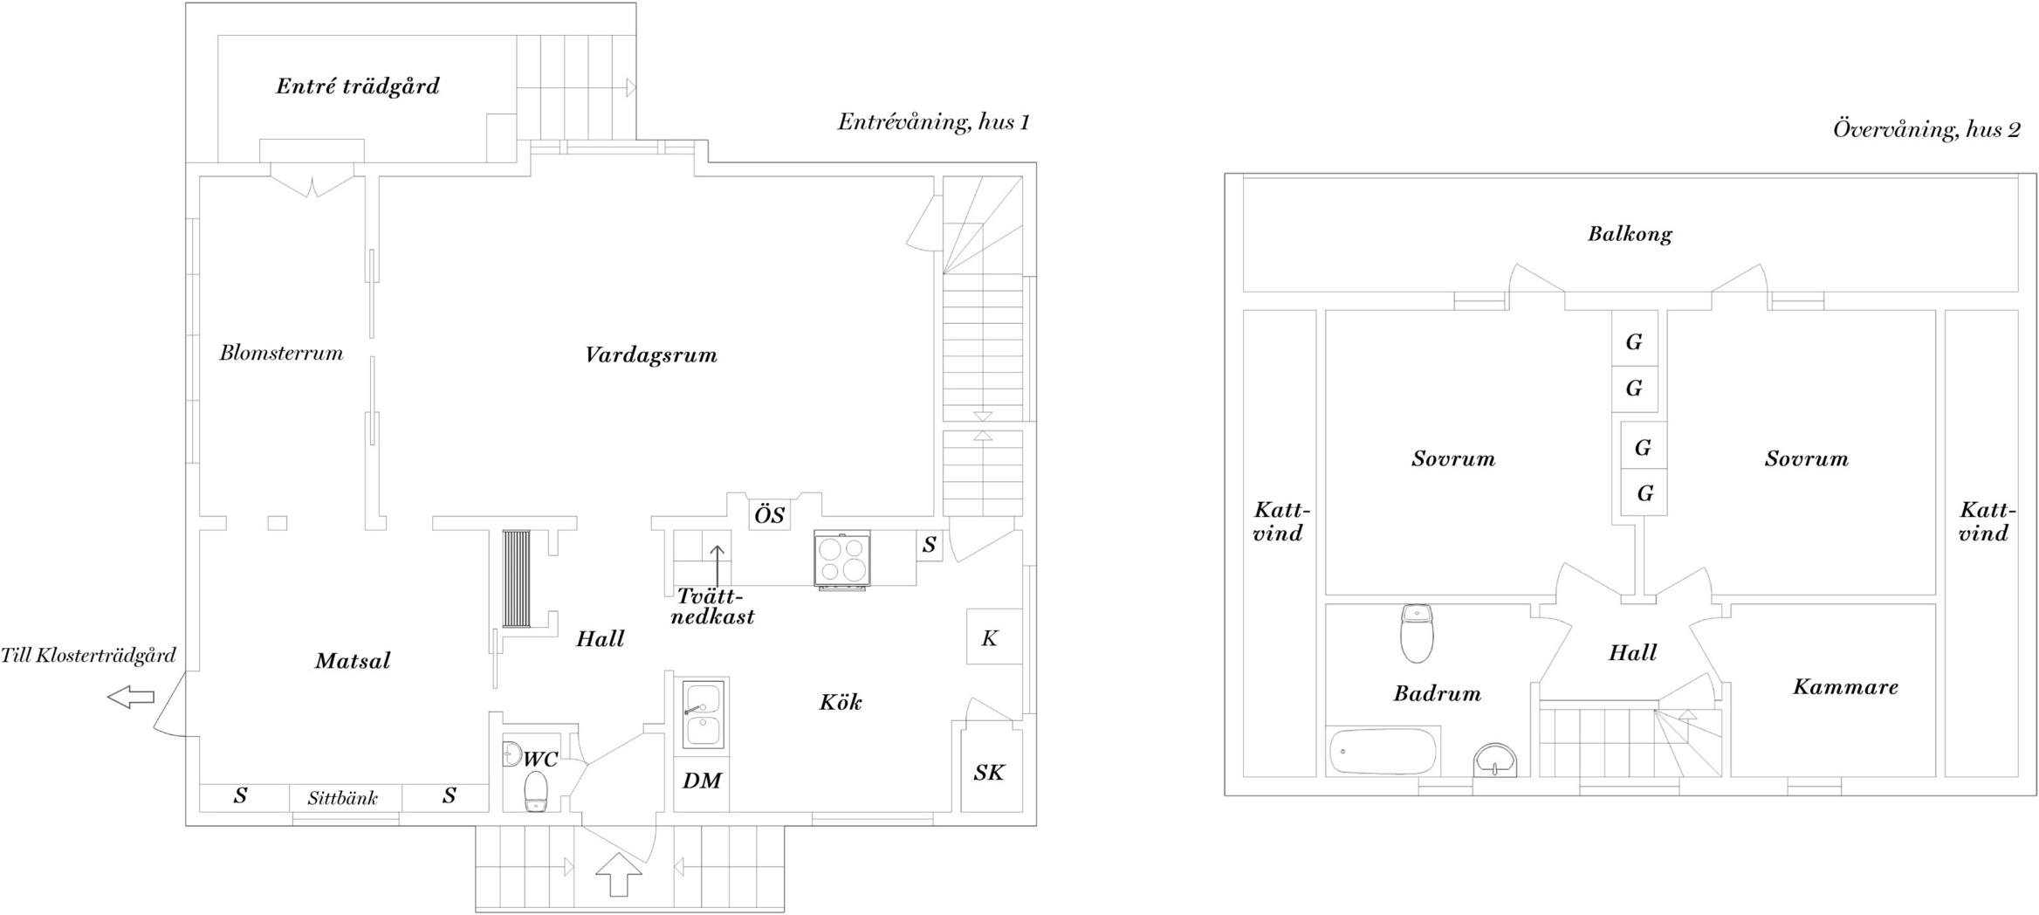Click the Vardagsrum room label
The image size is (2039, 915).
click(651, 355)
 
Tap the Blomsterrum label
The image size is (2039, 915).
click(281, 353)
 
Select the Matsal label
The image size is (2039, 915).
click(353, 661)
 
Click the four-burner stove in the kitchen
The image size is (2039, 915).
click(842, 560)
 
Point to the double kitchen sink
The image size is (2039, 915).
click(704, 714)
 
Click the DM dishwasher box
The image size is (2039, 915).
click(701, 783)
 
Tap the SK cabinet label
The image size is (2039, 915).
click(989, 773)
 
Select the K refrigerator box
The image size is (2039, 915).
click(994, 636)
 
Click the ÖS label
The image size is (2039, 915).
click(769, 514)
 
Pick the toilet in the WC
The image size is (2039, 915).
click(535, 791)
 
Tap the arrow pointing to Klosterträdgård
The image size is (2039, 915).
click(130, 697)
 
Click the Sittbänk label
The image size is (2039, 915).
click(343, 798)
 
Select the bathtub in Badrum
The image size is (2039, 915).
click(1382, 752)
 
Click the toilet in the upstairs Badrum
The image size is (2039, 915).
click(1417, 633)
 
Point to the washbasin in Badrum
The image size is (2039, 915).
click(1495, 760)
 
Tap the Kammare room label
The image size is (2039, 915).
click(1845, 687)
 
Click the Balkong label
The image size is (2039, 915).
click(1630, 234)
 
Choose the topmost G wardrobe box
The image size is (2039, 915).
click(1635, 341)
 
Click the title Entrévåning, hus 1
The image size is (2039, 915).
click(934, 121)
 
